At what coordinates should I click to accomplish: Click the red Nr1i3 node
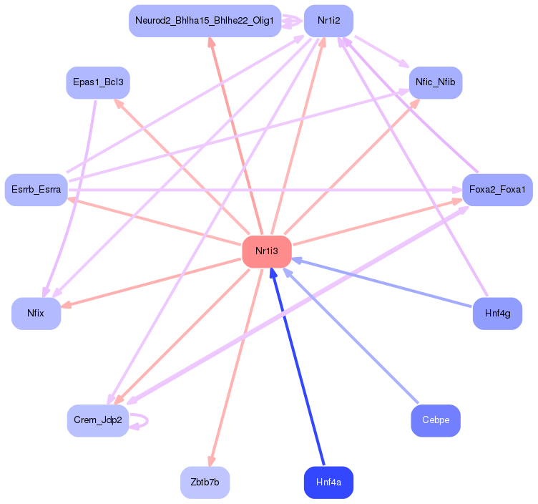pyautogui.click(x=267, y=251)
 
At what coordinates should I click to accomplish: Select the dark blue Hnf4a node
pyautogui.click(x=328, y=482)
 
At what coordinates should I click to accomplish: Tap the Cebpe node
pyautogui.click(x=436, y=420)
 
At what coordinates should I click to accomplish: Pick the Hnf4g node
pyautogui.click(x=497, y=313)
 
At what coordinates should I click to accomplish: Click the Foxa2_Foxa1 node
pyautogui.click(x=497, y=190)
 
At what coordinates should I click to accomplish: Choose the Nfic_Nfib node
pyautogui.click(x=436, y=82)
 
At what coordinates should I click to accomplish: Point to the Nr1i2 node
pyautogui.click(x=328, y=21)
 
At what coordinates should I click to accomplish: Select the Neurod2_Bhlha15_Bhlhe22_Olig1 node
pyautogui.click(x=205, y=21)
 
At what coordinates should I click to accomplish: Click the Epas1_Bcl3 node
pyautogui.click(x=98, y=82)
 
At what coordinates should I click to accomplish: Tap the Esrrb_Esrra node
pyautogui.click(x=36, y=190)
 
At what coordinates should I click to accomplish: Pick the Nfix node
pyautogui.click(x=36, y=313)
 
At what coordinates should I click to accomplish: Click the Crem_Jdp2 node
pyautogui.click(x=98, y=420)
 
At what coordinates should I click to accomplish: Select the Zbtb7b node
pyautogui.click(x=205, y=482)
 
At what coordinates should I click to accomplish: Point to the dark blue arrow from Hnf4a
pyautogui.click(x=297, y=367)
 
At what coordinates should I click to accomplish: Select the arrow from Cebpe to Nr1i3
pyautogui.click(x=351, y=336)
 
